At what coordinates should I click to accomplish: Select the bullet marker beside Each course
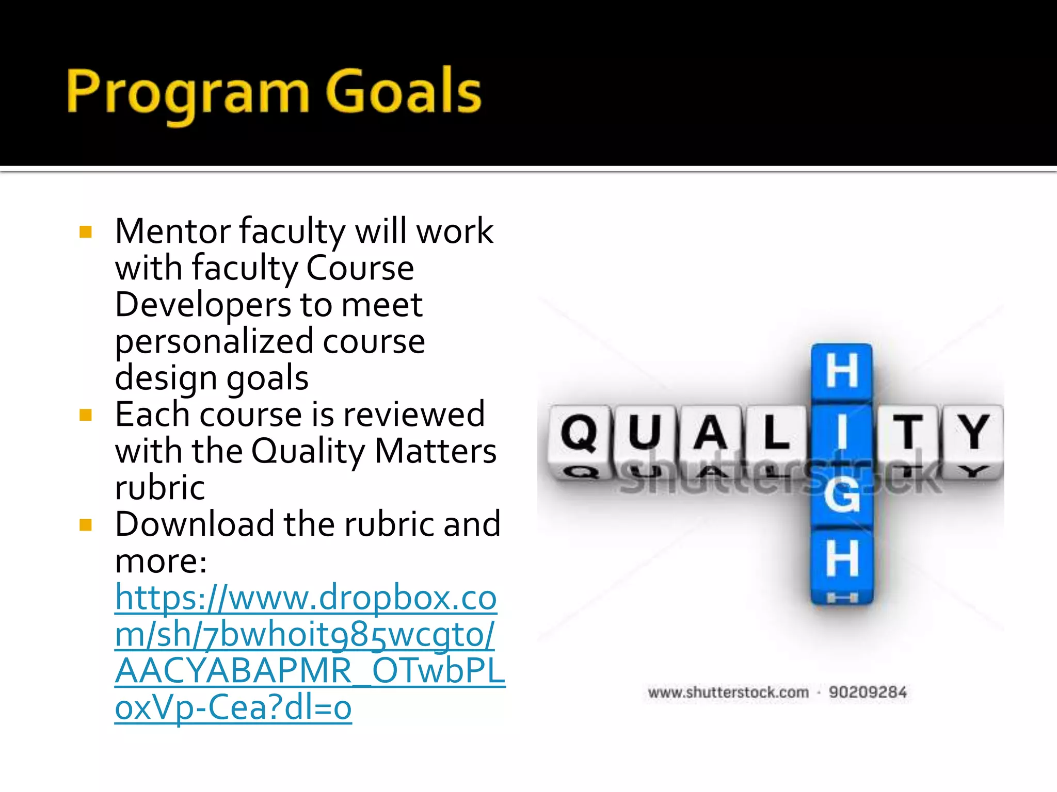pos(86,415)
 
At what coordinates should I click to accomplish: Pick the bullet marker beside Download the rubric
pos(86,525)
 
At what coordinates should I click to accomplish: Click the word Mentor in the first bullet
pos(172,232)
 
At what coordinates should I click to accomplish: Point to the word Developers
pos(202,305)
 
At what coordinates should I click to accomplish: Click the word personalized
pos(214,342)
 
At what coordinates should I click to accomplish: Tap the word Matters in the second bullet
pos(435,451)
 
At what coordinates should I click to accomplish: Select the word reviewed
pos(413,415)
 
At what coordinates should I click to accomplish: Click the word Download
pos(195,524)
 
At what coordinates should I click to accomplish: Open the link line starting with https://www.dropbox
pos(306,598)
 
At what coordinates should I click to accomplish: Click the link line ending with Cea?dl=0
pos(233,708)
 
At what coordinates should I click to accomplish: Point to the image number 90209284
pos(868,692)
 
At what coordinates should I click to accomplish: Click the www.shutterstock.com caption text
pos(728,692)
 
